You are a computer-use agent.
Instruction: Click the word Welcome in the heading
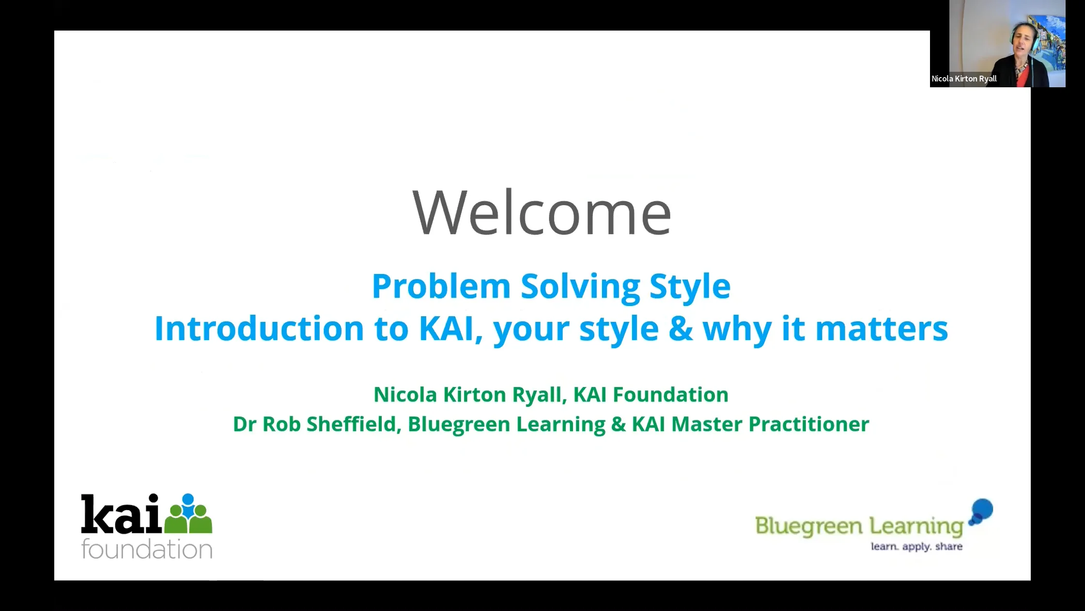tap(542, 212)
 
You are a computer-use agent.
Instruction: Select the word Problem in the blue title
tap(441, 286)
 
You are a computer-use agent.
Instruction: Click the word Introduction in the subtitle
tap(259, 328)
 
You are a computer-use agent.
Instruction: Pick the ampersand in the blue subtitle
tap(681, 328)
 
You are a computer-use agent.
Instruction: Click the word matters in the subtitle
tap(882, 328)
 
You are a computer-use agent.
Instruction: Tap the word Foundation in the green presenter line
tap(670, 395)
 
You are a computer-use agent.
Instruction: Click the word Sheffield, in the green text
tap(354, 424)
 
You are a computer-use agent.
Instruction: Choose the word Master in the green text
tap(707, 424)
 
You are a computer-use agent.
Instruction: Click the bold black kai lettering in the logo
tap(121, 514)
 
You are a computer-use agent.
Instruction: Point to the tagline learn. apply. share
tap(916, 547)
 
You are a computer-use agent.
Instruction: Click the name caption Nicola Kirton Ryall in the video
tap(964, 79)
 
